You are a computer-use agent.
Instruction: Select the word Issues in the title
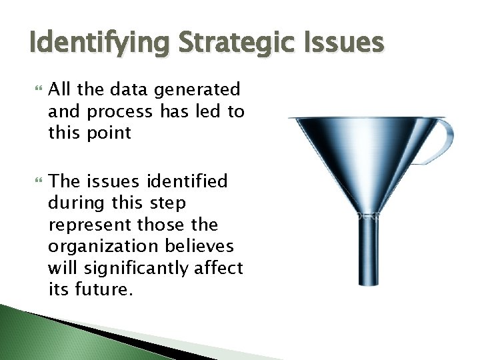pos(343,43)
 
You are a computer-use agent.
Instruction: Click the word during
pos(73,203)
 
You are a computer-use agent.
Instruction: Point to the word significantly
pos(127,268)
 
